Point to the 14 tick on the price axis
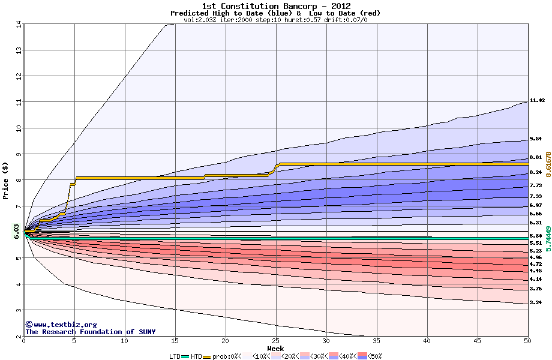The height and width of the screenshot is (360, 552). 19,24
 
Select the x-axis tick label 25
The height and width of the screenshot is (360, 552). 276,341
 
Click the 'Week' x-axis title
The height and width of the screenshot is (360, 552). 276,348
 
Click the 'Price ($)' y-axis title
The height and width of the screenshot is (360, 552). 6,181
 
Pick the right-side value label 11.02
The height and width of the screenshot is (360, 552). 537,101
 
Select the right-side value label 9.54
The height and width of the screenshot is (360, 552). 535,138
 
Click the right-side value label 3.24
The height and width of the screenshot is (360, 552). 535,303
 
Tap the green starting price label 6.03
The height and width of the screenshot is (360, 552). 17,232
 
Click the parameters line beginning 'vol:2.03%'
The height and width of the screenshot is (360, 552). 275,20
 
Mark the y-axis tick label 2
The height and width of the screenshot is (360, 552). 19,337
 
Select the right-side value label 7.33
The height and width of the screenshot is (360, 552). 535,196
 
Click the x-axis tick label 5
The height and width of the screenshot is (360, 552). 74,341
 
